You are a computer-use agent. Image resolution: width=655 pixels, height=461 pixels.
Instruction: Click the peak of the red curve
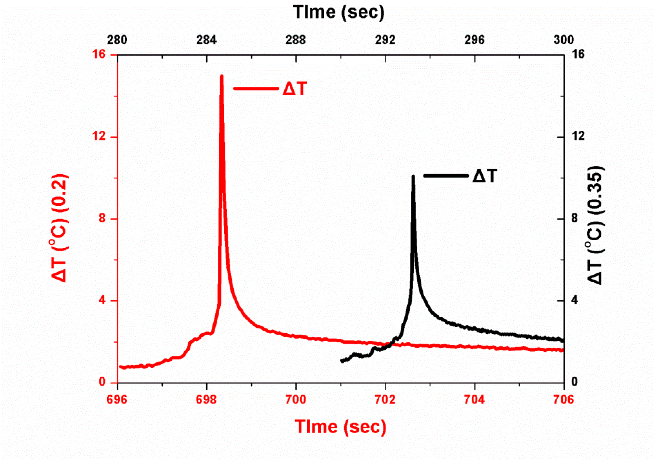pos(222,76)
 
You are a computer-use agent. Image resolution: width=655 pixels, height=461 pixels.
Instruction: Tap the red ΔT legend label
pos(295,89)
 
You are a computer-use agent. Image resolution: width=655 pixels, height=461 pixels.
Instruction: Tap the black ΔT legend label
pos(485,176)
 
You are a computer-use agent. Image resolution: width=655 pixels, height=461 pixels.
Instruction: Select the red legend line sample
pos(256,88)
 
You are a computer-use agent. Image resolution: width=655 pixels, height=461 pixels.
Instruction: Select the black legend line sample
pos(446,176)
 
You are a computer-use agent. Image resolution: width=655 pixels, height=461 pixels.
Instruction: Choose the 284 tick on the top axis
pos(206,40)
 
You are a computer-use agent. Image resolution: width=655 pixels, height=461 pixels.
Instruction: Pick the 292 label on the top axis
pos(385,40)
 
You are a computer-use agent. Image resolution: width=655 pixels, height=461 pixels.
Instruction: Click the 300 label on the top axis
pos(563,40)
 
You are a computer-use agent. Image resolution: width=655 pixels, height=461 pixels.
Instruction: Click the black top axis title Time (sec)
pos(339,12)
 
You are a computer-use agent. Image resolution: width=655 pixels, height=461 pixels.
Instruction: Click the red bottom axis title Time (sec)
pos(340,427)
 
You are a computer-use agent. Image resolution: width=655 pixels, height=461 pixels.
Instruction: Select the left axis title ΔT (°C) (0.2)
pos(60,228)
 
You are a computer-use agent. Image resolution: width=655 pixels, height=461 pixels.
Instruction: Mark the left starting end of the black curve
pos(342,361)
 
